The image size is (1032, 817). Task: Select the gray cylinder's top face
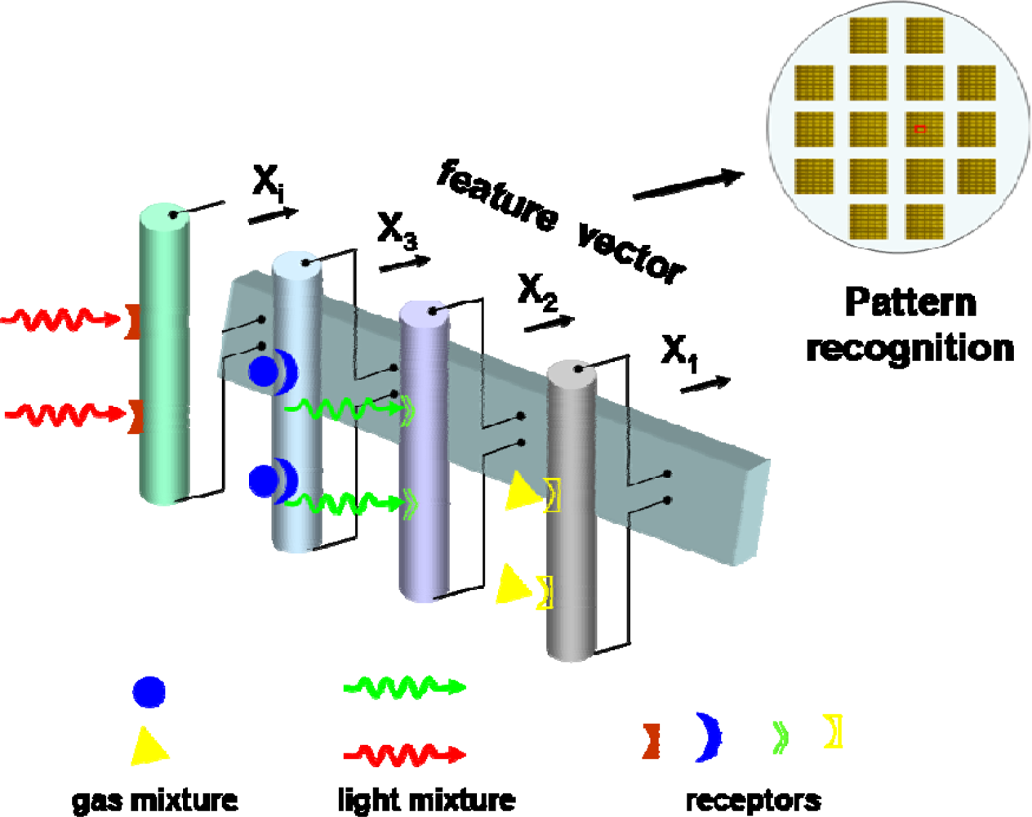[572, 372]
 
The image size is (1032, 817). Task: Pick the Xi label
[268, 181]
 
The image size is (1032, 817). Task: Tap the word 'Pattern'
[910, 302]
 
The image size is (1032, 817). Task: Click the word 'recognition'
[910, 348]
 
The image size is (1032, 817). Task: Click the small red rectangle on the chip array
[920, 129]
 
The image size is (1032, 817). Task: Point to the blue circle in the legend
[149, 691]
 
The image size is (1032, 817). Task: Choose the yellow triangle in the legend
[148, 746]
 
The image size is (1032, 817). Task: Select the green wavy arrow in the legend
[404, 687]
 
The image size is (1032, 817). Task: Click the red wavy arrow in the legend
[404, 753]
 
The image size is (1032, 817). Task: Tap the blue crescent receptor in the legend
[709, 737]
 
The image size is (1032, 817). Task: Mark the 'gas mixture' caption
[155, 800]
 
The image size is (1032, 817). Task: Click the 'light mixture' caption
[426, 800]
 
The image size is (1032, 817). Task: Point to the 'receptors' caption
[753, 800]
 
